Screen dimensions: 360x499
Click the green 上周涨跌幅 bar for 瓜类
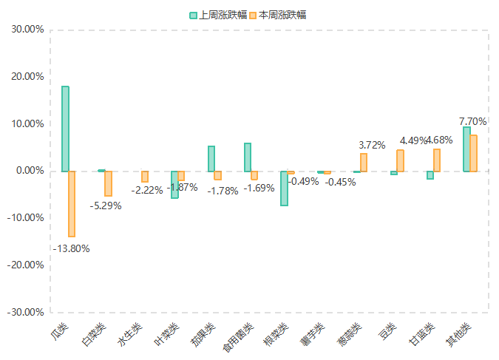coord(65,129)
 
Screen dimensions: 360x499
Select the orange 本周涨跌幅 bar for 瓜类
coord(72,203)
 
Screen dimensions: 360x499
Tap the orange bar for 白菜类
coord(108,183)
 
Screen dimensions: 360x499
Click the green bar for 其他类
coord(466,149)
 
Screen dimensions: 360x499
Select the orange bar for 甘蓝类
coord(437,160)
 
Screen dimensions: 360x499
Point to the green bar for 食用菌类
coord(248,157)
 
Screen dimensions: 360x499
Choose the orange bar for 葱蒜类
coord(364,162)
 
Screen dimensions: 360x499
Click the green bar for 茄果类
coord(211,158)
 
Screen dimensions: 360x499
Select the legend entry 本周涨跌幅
coord(276,15)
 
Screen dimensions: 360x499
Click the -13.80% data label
coord(71,248)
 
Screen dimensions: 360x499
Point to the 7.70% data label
coord(473,121)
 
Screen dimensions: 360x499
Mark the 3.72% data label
coord(372,146)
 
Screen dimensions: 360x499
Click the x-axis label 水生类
coord(130,336)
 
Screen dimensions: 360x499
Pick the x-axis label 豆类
coord(387,332)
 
